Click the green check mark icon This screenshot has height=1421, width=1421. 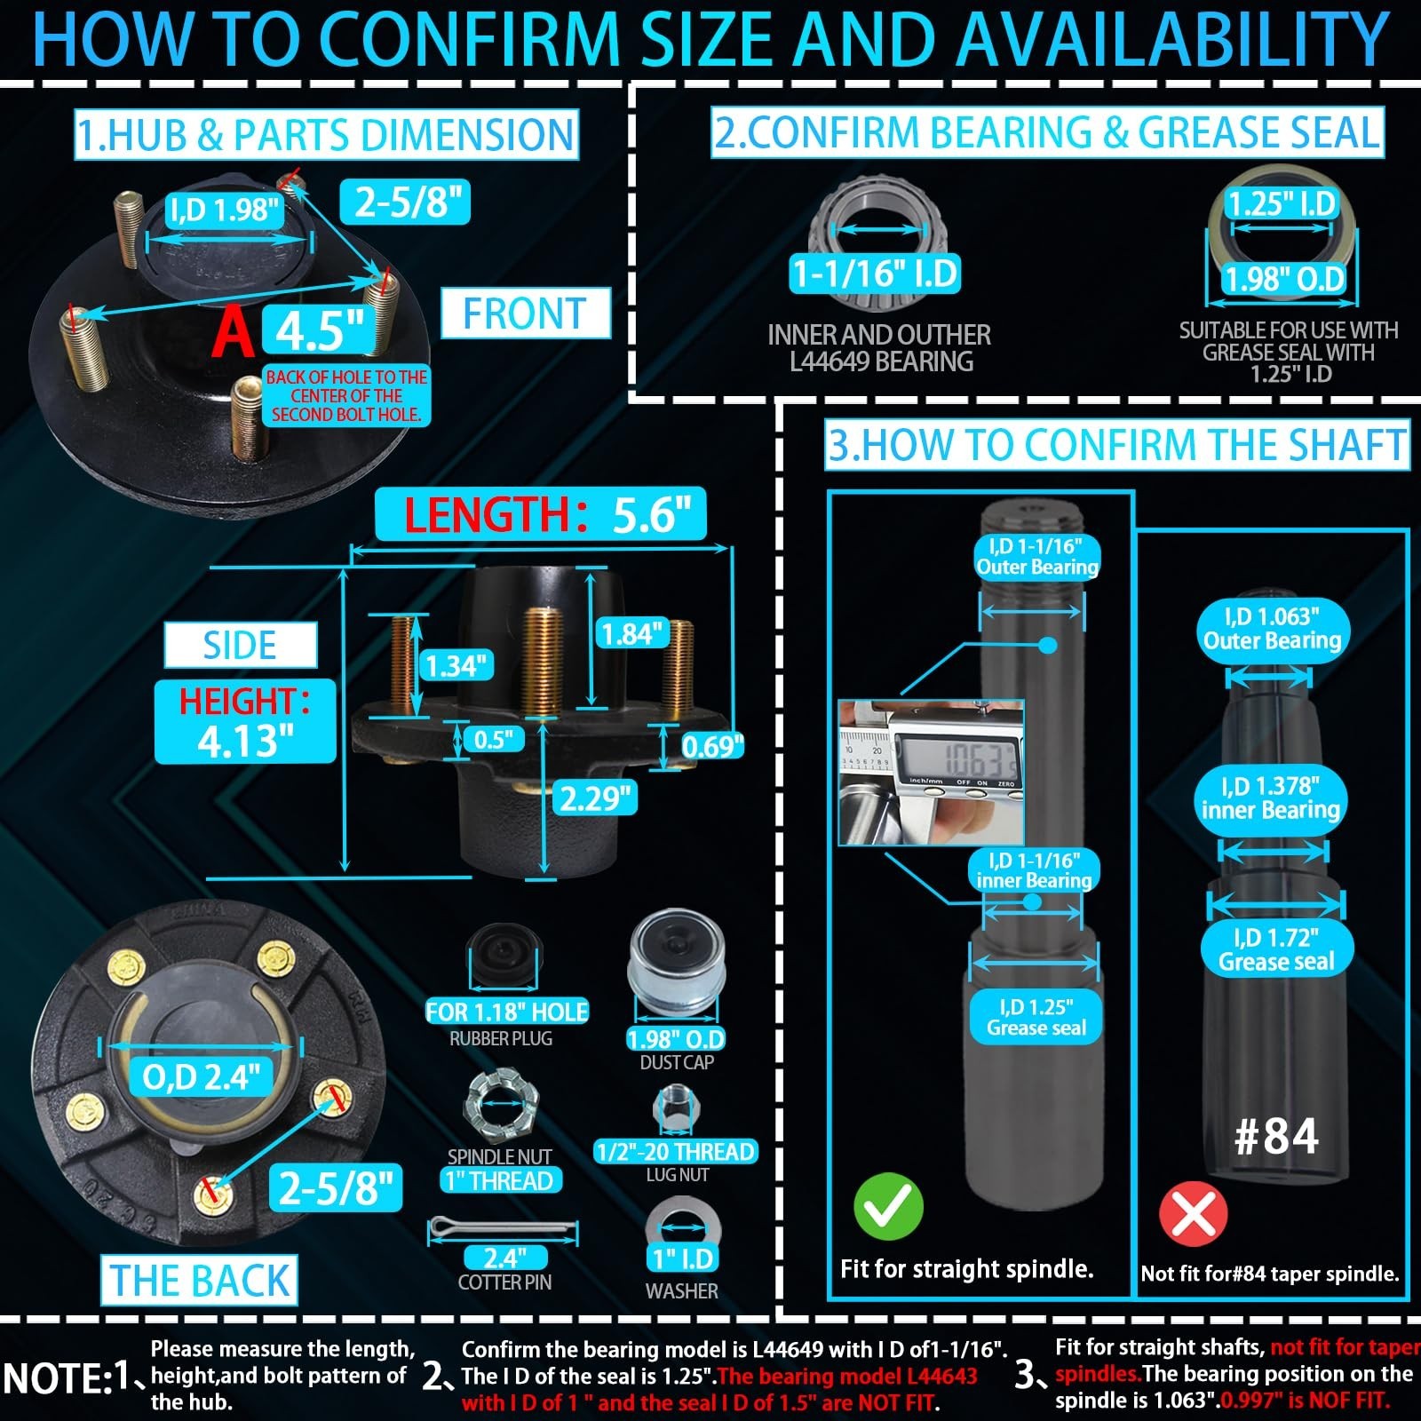tap(888, 1206)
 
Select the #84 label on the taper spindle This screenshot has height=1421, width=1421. tap(1276, 1136)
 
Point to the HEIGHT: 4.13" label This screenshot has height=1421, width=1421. tap(245, 720)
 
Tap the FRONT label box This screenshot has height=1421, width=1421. tap(525, 314)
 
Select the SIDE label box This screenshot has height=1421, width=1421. tap(240, 645)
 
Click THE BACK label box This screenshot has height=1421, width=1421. tap(199, 1280)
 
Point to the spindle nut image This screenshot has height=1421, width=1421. tap(501, 1107)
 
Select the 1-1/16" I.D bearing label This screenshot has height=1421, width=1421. tap(876, 274)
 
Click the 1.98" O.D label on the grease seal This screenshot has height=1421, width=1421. tap(1283, 280)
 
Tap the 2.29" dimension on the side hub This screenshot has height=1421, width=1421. tap(597, 798)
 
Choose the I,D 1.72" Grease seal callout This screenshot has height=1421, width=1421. tap(1275, 949)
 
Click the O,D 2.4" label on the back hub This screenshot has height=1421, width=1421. tap(202, 1077)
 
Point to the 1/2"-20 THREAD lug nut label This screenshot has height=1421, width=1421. tap(676, 1152)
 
